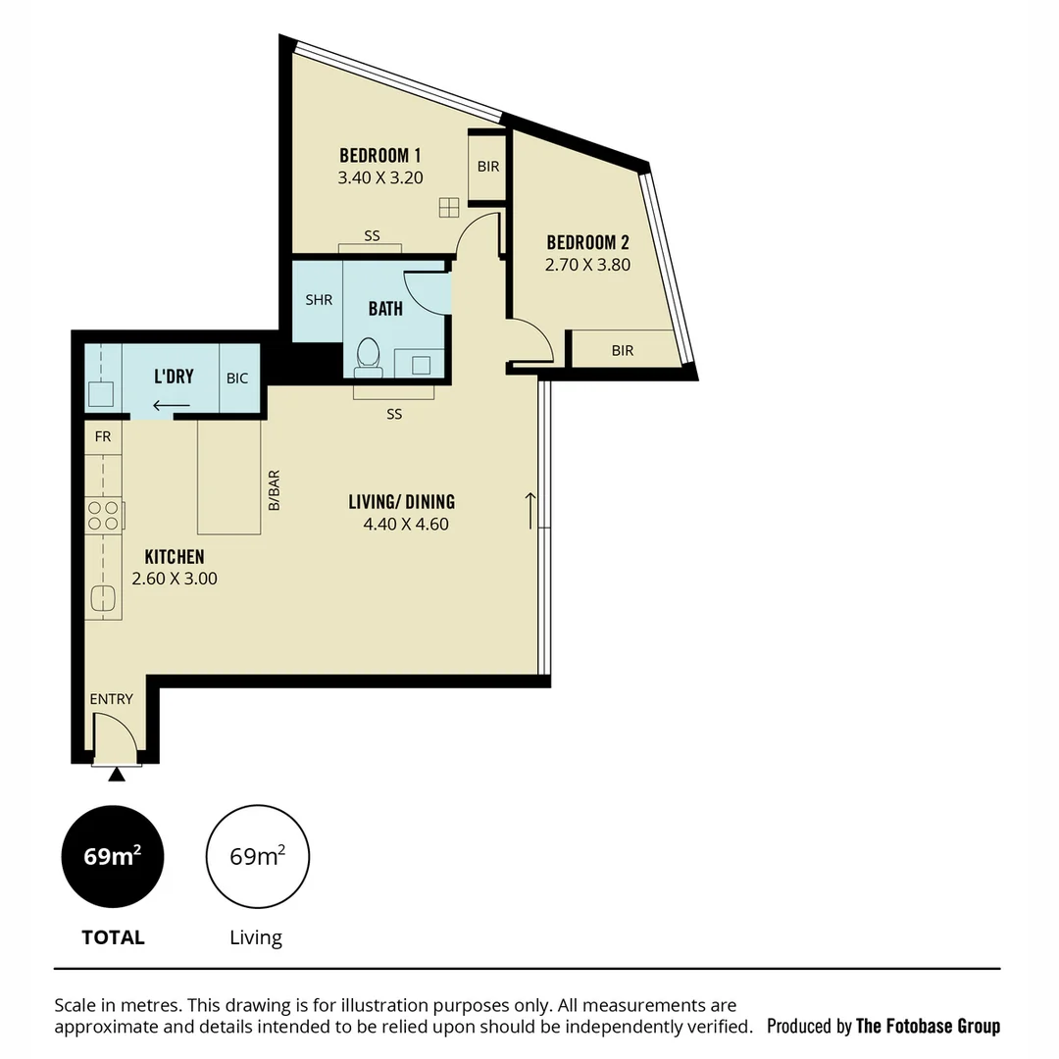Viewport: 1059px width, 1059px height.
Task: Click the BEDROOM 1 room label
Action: pyautogui.click(x=379, y=155)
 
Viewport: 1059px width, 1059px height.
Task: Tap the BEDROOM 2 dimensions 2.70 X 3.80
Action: pyautogui.click(x=587, y=265)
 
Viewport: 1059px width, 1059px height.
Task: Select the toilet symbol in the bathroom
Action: pyautogui.click(x=369, y=356)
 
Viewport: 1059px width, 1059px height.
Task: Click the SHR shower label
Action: pyautogui.click(x=319, y=300)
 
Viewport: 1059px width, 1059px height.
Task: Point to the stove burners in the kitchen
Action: pyautogui.click(x=104, y=515)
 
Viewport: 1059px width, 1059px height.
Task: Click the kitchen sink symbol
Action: pyautogui.click(x=103, y=598)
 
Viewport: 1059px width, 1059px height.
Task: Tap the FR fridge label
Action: pyautogui.click(x=103, y=438)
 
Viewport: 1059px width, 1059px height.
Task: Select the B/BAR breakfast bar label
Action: pyautogui.click(x=275, y=490)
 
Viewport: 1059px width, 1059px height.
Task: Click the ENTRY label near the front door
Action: pyautogui.click(x=111, y=699)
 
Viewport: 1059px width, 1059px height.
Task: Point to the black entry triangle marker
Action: pyautogui.click(x=117, y=775)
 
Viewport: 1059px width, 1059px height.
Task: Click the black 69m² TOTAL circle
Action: pyautogui.click(x=113, y=856)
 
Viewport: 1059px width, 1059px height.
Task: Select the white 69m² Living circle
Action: pyautogui.click(x=257, y=856)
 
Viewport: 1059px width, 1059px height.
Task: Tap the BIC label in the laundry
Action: pyautogui.click(x=237, y=378)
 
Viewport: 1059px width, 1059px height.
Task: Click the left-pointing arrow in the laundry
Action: pyautogui.click(x=172, y=406)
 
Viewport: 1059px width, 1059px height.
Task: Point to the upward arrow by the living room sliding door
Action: pyautogui.click(x=530, y=511)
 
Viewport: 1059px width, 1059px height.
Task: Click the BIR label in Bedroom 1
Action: pyautogui.click(x=488, y=167)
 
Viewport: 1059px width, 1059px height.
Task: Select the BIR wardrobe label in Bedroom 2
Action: pyautogui.click(x=622, y=350)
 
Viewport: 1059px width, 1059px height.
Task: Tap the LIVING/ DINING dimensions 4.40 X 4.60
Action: pyautogui.click(x=405, y=525)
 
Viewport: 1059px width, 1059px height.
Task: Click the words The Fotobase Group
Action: pyautogui.click(x=928, y=1027)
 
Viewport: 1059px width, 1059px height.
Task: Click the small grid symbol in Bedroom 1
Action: pyautogui.click(x=449, y=206)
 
